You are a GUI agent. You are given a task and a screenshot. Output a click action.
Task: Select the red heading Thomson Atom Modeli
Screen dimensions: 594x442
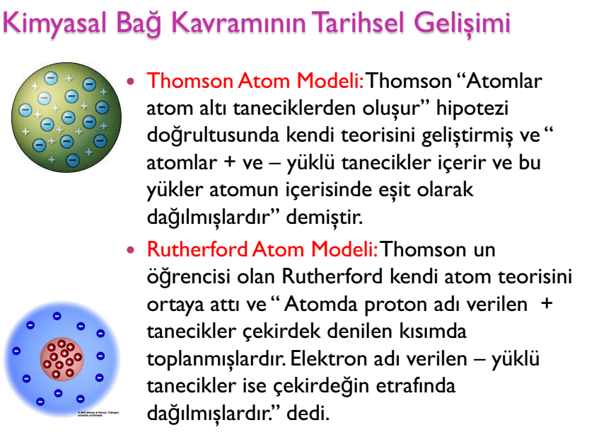255,81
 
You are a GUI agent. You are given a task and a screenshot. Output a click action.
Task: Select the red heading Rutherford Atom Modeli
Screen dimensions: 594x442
262,249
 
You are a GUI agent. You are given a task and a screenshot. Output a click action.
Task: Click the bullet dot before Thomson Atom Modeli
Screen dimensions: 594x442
131,81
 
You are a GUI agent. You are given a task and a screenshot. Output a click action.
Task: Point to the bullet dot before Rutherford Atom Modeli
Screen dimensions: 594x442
131,249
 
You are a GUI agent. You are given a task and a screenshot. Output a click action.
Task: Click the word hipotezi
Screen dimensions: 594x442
472,109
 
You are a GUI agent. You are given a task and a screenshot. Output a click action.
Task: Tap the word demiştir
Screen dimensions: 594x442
325,217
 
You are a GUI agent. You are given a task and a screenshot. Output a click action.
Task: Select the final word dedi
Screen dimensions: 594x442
308,413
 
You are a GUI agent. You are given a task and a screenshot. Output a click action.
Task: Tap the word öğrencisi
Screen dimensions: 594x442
188,277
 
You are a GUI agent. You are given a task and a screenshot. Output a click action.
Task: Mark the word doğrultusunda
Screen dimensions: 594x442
213,136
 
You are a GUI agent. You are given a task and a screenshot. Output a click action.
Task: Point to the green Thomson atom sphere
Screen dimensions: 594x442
66,118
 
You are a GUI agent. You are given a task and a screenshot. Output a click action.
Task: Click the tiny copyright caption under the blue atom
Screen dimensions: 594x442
98,414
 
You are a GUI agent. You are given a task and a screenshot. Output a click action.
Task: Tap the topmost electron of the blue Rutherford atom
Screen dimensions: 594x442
57,316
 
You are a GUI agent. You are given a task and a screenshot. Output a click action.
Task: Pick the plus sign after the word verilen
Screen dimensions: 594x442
547,304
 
